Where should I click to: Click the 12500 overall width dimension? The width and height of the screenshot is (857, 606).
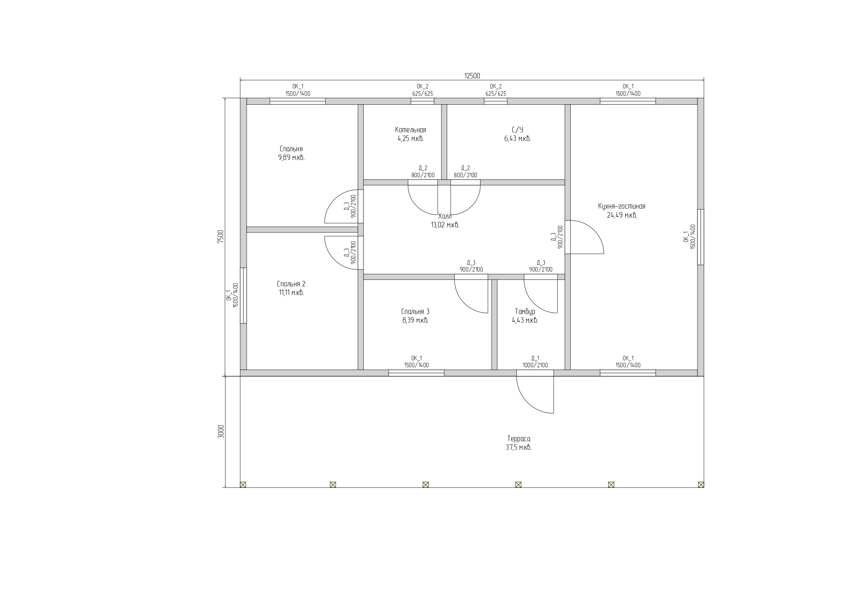[472, 76]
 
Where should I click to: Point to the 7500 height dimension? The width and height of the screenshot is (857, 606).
[221, 236]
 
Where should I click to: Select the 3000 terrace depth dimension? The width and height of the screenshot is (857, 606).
[221, 431]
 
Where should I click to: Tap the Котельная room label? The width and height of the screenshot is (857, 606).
[410, 130]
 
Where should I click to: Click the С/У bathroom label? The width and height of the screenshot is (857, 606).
[517, 130]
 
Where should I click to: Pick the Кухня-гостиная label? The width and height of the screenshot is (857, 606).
[621, 206]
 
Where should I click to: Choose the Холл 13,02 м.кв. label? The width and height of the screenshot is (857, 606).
[445, 221]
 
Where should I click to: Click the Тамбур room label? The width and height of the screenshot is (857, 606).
[525, 311]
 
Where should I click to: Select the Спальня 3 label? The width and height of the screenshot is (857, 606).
[415, 311]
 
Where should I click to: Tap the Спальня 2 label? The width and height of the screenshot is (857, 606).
[291, 284]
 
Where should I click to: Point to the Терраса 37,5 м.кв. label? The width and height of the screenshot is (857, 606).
[518, 443]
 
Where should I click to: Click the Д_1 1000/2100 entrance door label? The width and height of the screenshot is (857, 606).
[535, 361]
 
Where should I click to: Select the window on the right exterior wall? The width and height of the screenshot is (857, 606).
[701, 237]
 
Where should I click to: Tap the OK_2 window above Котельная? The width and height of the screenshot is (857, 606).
[422, 101]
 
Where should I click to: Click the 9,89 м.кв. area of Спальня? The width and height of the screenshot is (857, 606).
[291, 158]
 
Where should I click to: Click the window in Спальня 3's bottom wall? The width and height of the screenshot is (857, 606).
[416, 373]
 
